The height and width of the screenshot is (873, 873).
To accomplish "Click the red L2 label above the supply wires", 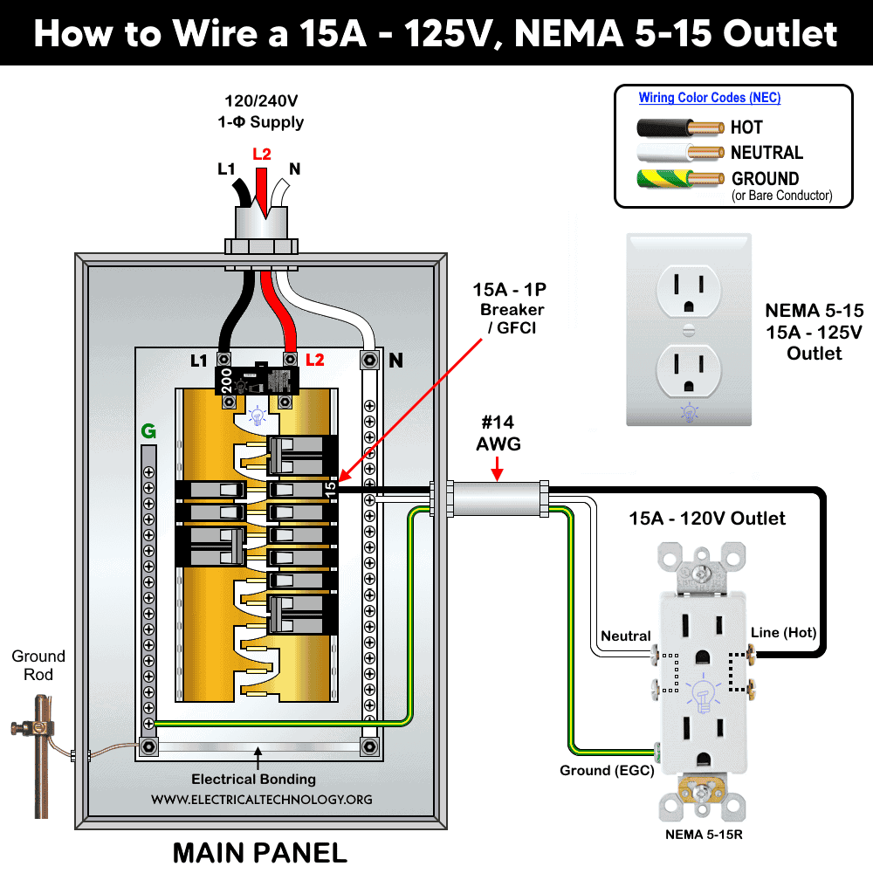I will tap(261, 155).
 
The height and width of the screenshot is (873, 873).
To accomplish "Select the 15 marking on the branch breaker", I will tap(330, 490).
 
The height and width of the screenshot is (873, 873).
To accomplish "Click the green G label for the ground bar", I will tap(148, 430).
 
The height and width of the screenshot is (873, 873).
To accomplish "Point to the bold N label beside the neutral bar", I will tap(395, 360).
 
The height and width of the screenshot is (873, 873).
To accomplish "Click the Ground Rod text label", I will tap(38, 665).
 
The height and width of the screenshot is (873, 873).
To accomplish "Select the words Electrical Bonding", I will tap(253, 779).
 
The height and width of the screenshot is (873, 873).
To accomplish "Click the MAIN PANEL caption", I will tap(259, 851).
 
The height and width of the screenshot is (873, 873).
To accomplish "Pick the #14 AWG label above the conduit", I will tap(498, 434).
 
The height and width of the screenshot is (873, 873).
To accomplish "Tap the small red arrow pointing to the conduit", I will tap(497, 472).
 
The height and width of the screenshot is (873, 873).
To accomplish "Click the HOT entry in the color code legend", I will tap(746, 127).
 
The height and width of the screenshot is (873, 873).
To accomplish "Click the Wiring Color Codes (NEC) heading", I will tap(709, 98).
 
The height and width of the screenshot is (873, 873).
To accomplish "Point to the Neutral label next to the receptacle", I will tap(626, 636).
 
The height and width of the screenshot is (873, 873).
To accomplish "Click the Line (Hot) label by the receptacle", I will tap(783, 632).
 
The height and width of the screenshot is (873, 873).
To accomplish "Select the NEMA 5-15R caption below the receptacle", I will tap(704, 835).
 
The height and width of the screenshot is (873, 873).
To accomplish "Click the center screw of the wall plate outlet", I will tap(689, 330).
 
